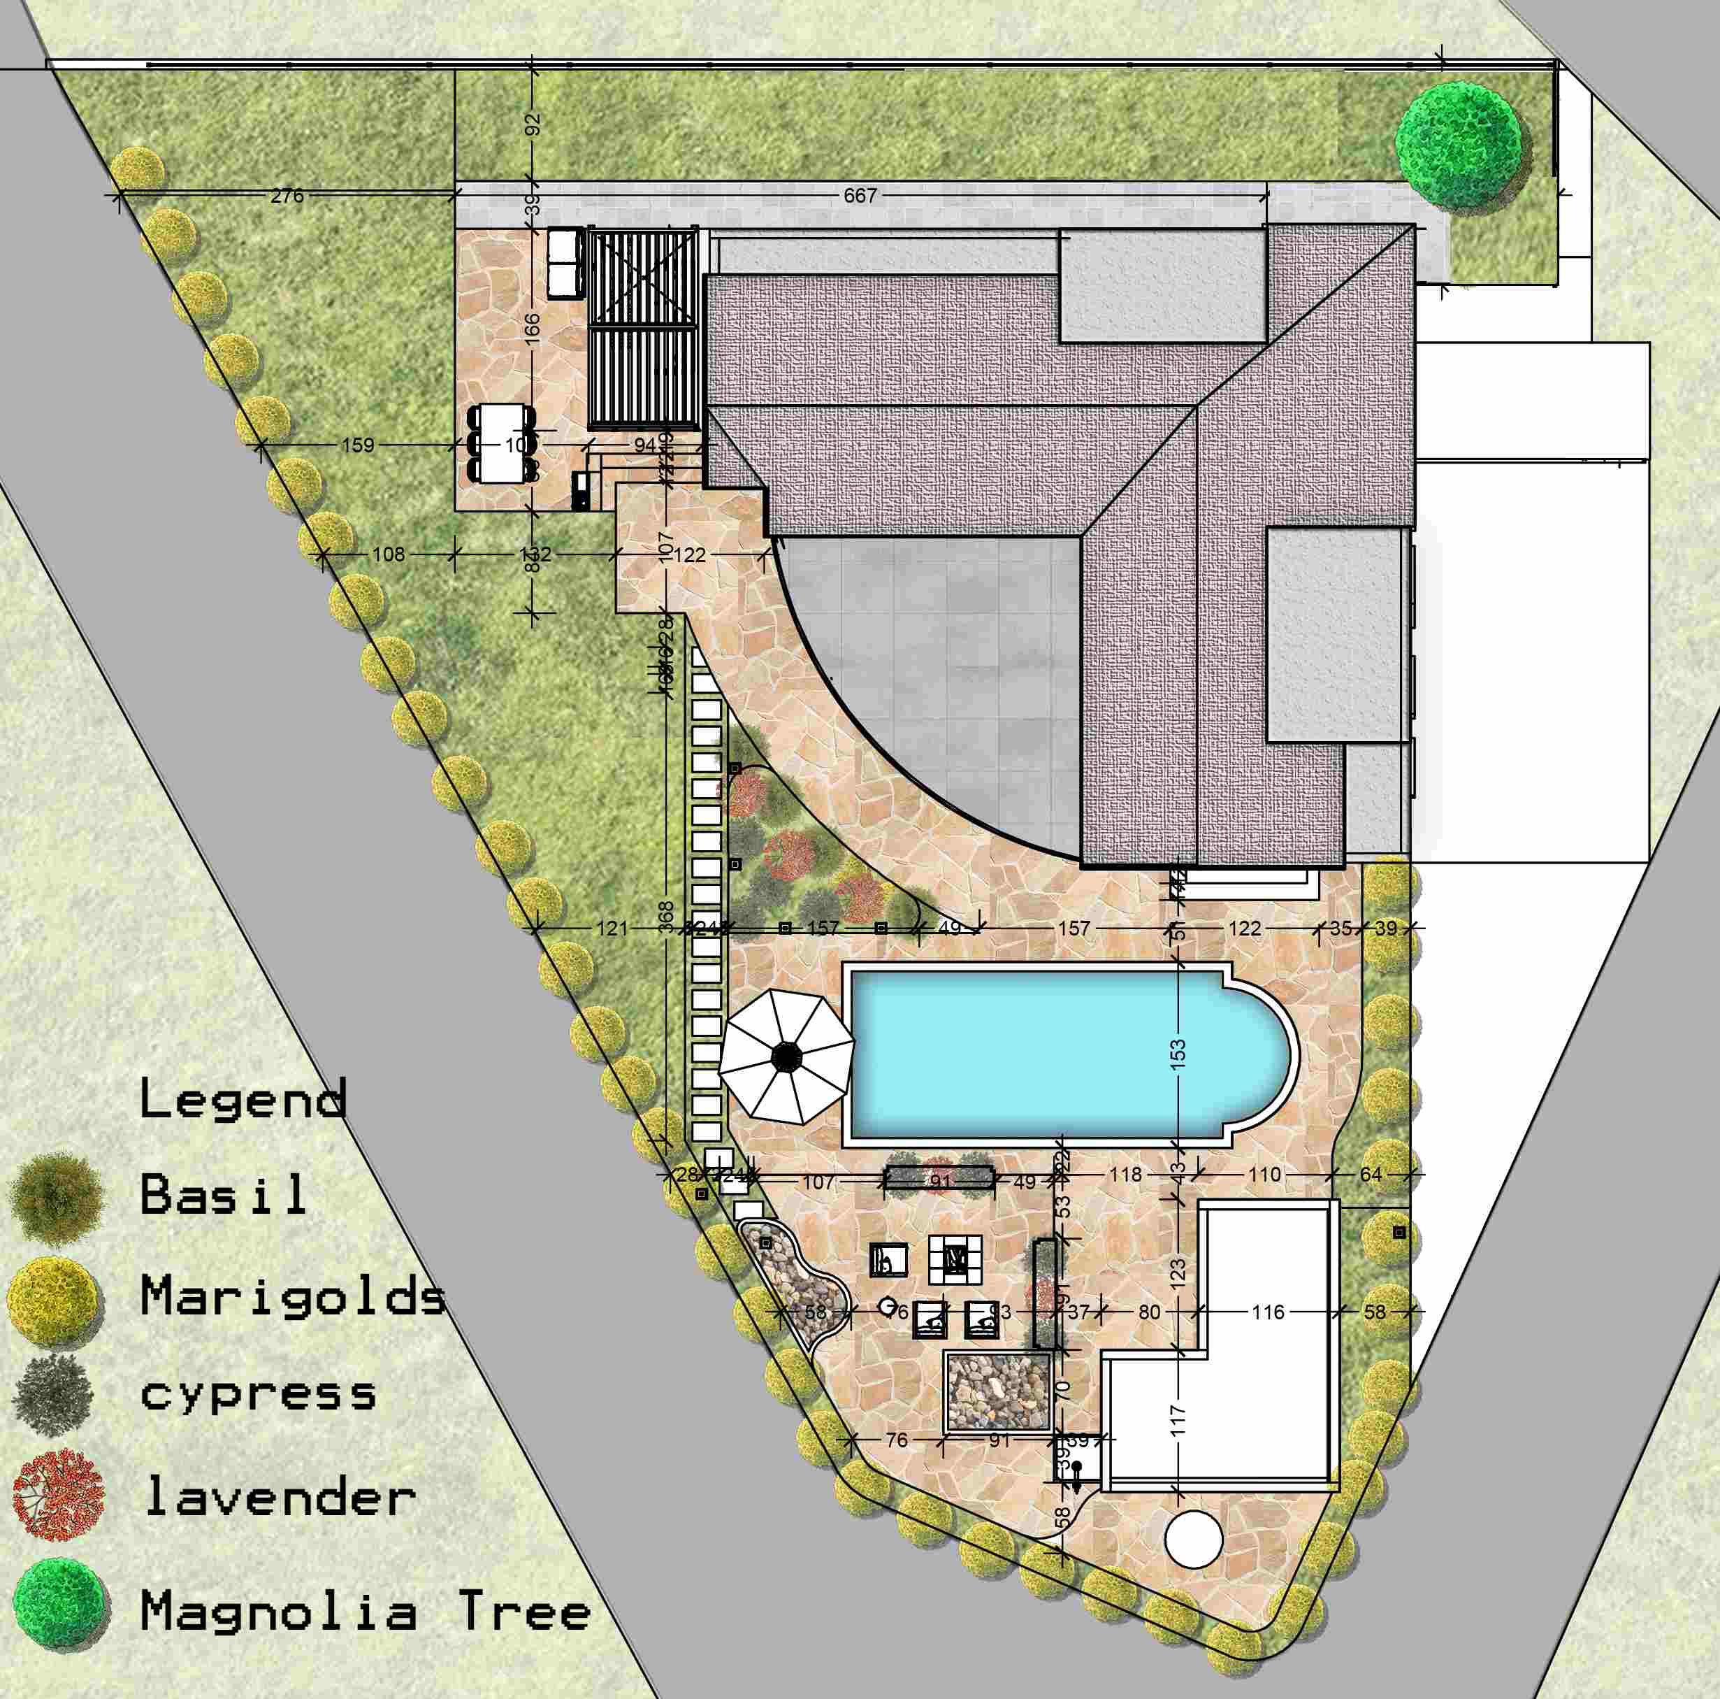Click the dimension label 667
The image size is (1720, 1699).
860,195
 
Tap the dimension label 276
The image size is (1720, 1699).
287,195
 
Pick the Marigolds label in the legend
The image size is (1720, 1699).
293,1296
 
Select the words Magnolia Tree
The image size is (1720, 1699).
365,1611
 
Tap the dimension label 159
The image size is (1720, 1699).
358,445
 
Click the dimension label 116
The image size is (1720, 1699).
1268,1312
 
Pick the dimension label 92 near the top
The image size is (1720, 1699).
533,124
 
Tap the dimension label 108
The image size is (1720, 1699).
388,554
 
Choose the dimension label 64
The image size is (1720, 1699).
1371,1175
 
